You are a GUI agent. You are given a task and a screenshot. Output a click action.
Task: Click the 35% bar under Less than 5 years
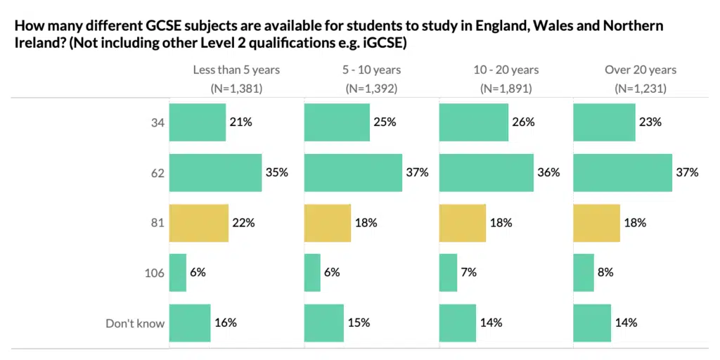pyautogui.click(x=215, y=172)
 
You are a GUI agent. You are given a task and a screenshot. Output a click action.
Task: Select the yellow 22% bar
pyautogui.click(x=199, y=223)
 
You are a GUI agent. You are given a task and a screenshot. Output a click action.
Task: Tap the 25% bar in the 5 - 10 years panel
pyautogui.click(x=337, y=122)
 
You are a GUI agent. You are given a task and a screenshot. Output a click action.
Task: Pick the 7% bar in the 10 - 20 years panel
pyautogui.click(x=448, y=273)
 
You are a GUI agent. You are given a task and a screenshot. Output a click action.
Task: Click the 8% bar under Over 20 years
pyautogui.click(x=584, y=273)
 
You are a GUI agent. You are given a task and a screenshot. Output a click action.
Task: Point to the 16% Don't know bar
pyautogui.click(x=190, y=323)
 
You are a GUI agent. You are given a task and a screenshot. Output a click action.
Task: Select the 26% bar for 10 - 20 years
pyautogui.click(x=473, y=122)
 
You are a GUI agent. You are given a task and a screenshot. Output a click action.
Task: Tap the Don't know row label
pyautogui.click(x=135, y=323)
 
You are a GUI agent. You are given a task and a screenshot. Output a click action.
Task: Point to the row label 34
pyautogui.click(x=157, y=122)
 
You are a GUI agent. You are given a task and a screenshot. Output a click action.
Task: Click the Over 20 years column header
pyautogui.click(x=641, y=70)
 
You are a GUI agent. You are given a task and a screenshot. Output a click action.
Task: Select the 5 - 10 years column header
pyautogui.click(x=371, y=70)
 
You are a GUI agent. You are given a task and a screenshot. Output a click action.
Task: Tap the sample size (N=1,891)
pyautogui.click(x=506, y=89)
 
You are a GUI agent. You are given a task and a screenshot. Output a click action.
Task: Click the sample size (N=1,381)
pyautogui.click(x=236, y=89)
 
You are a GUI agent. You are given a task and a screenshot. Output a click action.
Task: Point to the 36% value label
pyautogui.click(x=548, y=172)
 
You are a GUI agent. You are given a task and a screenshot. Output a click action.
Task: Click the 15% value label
pyautogui.click(x=358, y=323)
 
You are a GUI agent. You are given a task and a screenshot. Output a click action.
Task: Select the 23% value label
pyautogui.click(x=650, y=122)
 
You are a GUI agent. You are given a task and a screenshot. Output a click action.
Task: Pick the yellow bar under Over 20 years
pyautogui.click(x=597, y=223)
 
